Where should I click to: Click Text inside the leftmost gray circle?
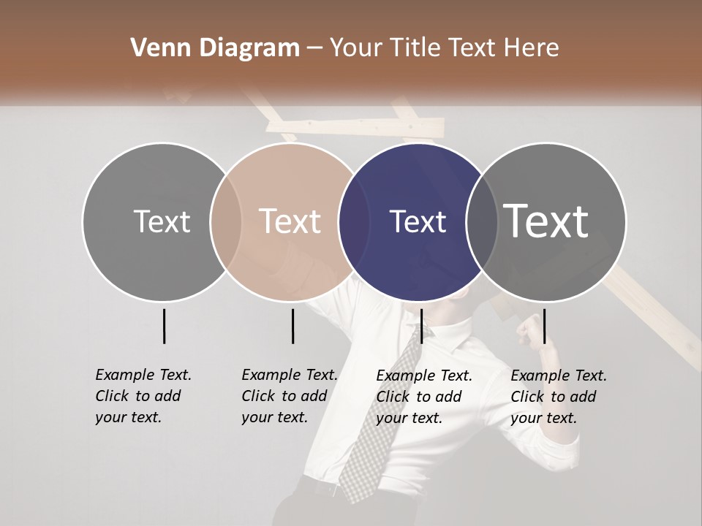click(162, 221)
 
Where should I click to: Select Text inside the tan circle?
click(290, 221)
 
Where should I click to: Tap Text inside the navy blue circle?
click(418, 221)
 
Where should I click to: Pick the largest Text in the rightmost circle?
click(546, 221)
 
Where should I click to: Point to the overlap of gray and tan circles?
click(225, 221)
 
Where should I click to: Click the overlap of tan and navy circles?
click(354, 221)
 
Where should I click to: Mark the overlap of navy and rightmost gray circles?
click(482, 221)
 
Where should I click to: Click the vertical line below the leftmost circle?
click(164, 326)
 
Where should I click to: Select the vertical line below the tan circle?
click(292, 326)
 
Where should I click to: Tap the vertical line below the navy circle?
click(421, 326)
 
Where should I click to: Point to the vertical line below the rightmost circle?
click(544, 326)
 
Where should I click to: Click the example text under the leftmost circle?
click(143, 396)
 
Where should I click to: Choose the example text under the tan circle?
click(289, 396)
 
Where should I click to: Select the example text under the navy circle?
click(423, 397)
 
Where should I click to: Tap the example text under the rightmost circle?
click(558, 397)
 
